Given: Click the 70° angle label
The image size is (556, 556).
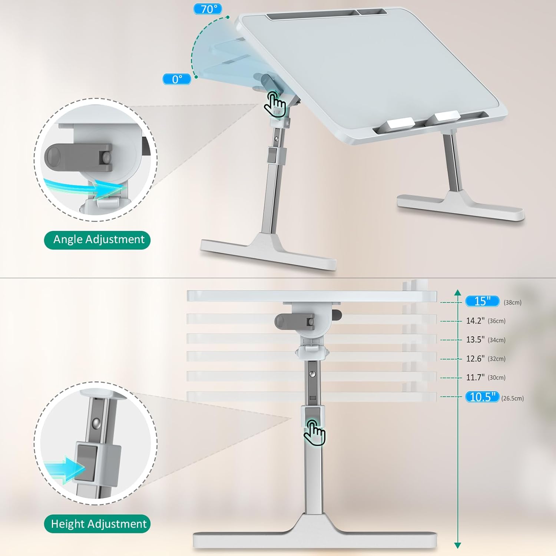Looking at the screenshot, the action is click(208, 9).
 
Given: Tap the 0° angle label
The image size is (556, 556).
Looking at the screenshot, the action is click(177, 79).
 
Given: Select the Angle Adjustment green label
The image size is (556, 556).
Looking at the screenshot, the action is click(97, 240).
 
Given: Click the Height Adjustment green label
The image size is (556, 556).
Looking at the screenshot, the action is click(97, 524).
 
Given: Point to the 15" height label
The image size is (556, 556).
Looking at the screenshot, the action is click(482, 301).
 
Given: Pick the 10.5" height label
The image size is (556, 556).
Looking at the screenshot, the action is click(482, 397).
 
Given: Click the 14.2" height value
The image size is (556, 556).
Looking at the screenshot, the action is click(475, 321).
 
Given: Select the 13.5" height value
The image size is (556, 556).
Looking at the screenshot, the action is click(475, 340).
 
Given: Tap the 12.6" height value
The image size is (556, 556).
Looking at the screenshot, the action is click(475, 358).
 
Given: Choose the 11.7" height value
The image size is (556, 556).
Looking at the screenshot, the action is click(475, 377).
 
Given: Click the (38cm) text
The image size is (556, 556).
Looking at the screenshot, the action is click(512, 302).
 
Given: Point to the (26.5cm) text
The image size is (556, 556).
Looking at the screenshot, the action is click(512, 398).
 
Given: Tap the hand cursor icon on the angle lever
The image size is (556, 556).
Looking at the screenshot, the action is click(275, 105).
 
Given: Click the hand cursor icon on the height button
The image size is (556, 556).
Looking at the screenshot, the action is click(314, 433).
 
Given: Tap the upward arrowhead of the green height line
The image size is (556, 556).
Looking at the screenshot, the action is click(457, 292).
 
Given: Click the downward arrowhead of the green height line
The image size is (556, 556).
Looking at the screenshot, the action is click(457, 545).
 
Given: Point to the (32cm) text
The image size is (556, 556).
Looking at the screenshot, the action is click(496, 359).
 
